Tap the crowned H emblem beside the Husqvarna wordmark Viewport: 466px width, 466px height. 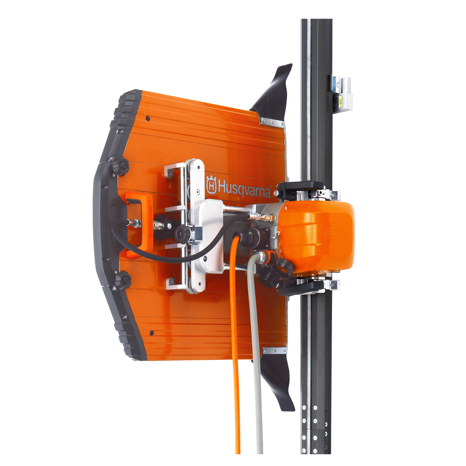click(211, 185)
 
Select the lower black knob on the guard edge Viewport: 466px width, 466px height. click(123, 280)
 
